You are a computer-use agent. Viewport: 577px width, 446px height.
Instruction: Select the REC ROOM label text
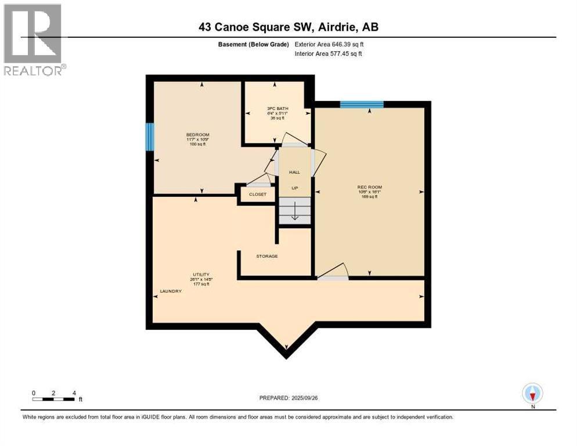point(369,187)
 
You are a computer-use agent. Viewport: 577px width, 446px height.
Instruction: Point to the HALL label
point(294,172)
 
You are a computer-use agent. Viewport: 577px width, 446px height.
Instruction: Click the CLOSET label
point(257,195)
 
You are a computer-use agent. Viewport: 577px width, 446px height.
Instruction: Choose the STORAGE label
point(267,256)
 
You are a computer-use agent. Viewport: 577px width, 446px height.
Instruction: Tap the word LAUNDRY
point(171,291)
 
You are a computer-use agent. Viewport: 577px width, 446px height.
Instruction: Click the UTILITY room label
point(201,274)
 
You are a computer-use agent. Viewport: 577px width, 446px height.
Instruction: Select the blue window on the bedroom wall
point(150,137)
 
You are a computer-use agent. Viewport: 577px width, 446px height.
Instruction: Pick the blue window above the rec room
point(362,105)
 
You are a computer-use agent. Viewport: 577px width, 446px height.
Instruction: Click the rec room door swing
point(334,272)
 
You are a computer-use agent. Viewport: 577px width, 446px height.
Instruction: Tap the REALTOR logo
point(34,39)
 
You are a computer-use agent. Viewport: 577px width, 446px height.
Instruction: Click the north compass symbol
point(532,393)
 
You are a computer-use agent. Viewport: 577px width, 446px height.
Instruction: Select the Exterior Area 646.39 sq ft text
point(330,44)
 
